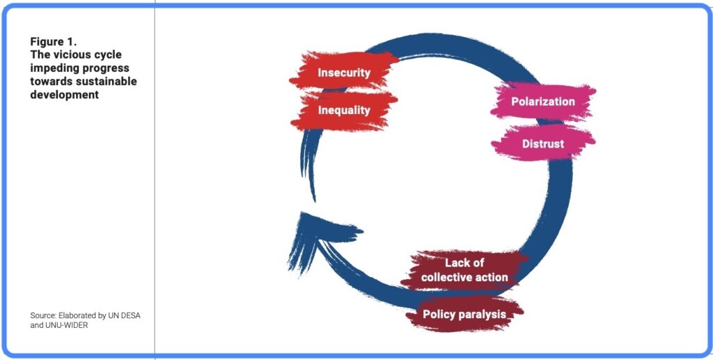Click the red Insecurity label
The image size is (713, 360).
344,72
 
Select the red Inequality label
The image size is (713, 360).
344,110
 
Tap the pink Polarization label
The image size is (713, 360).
543,102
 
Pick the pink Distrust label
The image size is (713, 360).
543,144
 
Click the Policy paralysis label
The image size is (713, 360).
464,314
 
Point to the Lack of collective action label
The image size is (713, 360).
464,270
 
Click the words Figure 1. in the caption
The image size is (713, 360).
54,42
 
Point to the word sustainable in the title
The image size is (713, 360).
107,82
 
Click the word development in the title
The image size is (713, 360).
64,95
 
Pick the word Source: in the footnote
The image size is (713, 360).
43,315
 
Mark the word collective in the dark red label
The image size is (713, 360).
446,277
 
